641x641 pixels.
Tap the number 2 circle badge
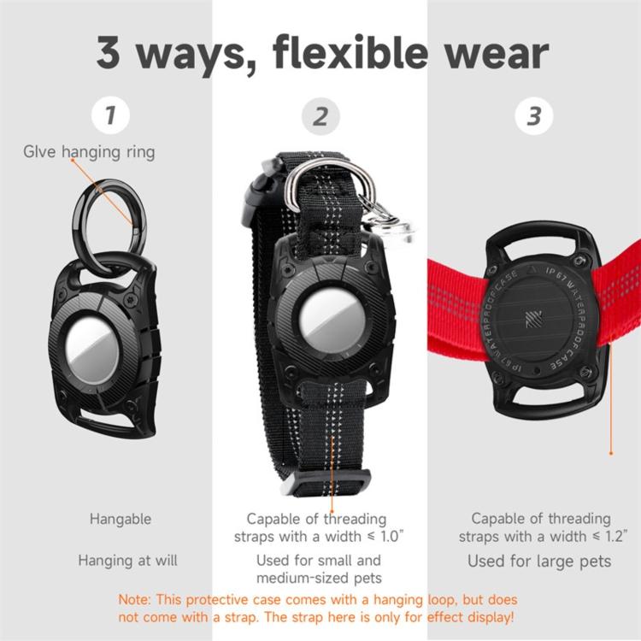[320, 116]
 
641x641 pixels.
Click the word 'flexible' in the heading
[350, 53]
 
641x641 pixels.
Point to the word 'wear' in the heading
[497, 56]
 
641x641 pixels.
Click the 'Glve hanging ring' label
[89, 152]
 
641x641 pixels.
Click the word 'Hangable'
[121, 520]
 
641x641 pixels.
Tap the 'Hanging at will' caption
[128, 561]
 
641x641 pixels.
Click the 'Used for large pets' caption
[539, 562]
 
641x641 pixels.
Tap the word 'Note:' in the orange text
[135, 600]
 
